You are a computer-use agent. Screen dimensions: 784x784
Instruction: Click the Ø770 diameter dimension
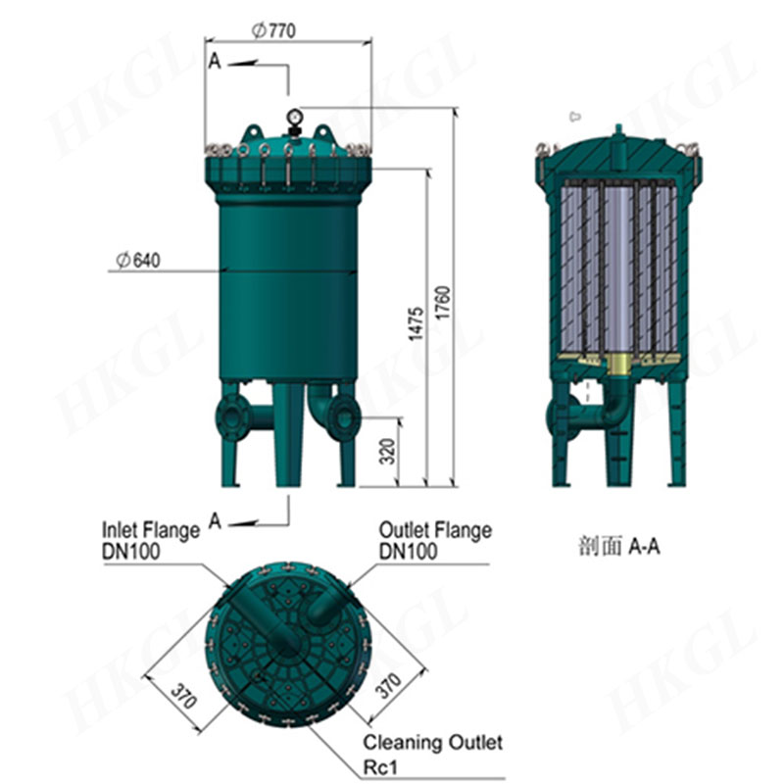[x=273, y=31]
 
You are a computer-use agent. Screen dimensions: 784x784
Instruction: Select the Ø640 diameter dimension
[x=138, y=260]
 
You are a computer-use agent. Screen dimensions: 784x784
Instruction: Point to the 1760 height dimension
[x=443, y=303]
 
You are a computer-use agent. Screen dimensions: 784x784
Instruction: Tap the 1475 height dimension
[x=416, y=324]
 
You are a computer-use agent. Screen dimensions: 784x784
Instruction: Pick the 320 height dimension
[x=387, y=451]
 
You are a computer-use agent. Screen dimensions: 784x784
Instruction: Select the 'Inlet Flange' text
[x=151, y=530]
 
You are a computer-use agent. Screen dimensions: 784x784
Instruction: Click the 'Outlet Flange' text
[x=435, y=530]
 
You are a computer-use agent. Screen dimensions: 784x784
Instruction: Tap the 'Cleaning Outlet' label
[x=432, y=743]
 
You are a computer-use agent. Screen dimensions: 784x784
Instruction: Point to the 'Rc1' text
[x=380, y=767]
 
